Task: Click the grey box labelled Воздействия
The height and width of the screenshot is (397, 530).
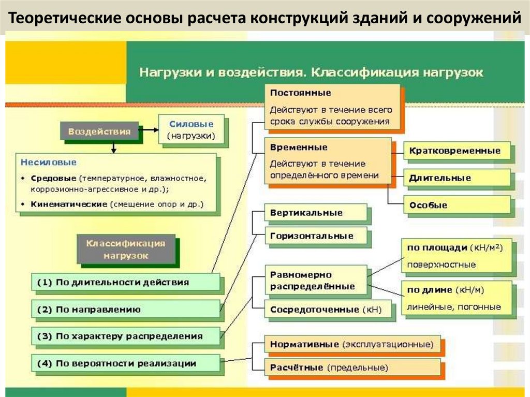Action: (99, 131)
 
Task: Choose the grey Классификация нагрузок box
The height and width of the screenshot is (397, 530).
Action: (125, 248)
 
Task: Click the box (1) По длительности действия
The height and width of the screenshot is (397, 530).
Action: (127, 283)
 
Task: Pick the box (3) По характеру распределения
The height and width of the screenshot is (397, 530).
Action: (126, 336)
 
